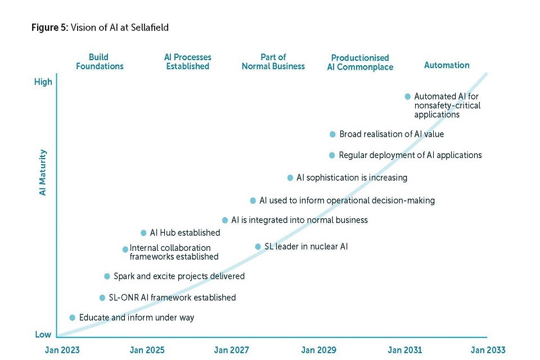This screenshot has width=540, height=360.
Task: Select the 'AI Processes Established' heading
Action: point(188,62)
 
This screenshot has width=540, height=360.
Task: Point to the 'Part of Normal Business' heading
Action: point(273,62)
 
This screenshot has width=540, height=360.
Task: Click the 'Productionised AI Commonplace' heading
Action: point(360,62)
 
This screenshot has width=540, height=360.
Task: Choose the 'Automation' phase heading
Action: point(447,65)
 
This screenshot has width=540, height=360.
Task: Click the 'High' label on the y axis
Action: point(43,82)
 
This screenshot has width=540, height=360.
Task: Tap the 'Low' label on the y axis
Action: point(43,335)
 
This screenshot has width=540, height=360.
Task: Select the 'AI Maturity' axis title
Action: point(43,172)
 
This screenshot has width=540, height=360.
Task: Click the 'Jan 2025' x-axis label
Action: point(147,350)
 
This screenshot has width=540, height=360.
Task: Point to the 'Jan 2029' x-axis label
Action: point(319,350)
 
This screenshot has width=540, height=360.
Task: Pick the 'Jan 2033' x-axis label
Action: point(488,350)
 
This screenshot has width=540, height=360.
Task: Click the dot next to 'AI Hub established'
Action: point(143,233)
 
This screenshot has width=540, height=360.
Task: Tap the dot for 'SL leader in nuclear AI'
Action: point(258,246)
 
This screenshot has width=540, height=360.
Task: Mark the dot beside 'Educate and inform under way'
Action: point(73,318)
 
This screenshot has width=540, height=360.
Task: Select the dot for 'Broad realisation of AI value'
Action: point(332,134)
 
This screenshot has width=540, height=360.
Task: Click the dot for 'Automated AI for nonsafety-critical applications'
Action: point(408,97)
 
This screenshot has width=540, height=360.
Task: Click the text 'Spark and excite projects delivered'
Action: point(179,276)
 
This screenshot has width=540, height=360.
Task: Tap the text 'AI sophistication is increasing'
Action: point(352,178)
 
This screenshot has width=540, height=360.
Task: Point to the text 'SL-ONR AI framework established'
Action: point(172,298)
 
